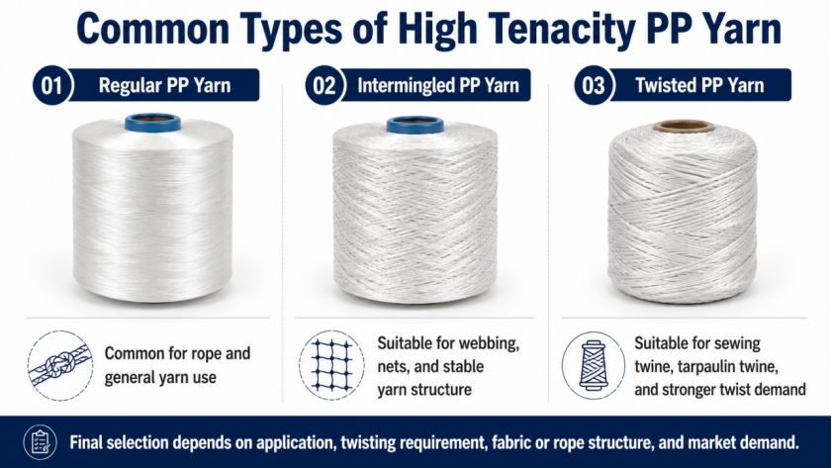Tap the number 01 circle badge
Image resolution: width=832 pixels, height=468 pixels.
(52, 85)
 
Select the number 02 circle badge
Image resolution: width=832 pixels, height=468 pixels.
(324, 85)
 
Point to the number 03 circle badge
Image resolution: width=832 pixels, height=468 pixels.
(594, 85)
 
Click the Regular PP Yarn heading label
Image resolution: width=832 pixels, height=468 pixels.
(164, 85)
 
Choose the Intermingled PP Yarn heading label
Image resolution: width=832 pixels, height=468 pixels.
(437, 85)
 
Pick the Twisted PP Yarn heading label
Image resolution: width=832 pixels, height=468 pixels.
(700, 85)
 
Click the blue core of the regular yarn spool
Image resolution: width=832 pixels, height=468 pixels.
(152, 122)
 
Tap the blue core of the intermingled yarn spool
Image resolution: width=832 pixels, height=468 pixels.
(415, 125)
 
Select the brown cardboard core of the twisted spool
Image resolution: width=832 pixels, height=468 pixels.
(684, 127)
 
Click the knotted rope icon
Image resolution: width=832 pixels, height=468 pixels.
(60, 365)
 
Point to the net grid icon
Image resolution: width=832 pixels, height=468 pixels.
(331, 365)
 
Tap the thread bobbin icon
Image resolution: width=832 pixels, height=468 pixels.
(594, 365)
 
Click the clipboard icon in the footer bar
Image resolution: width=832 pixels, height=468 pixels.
(41, 442)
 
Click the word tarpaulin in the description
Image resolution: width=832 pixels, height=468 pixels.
(705, 367)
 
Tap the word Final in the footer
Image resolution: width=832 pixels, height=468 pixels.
(86, 442)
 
